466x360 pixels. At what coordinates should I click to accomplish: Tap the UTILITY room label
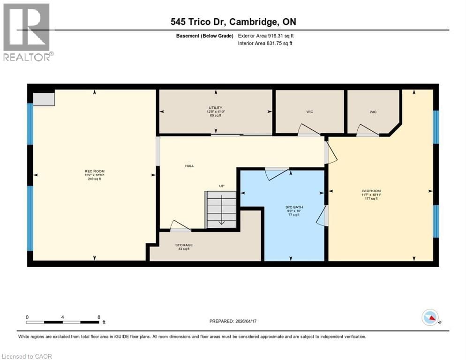216,108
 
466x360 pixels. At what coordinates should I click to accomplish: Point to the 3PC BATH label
293,207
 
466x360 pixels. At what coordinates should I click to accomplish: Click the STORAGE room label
184,245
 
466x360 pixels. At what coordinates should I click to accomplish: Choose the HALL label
189,166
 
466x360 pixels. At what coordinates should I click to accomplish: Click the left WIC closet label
309,112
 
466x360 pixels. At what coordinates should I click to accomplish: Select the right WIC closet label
373,112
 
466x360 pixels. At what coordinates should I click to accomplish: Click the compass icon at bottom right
430,317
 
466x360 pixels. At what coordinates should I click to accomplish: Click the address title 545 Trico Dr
233,22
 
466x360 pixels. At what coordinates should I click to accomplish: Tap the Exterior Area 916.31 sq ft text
266,36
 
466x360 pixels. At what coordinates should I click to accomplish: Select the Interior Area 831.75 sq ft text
265,44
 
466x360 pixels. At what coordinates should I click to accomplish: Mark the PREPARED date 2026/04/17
233,321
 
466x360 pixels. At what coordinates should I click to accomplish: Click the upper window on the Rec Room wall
30,124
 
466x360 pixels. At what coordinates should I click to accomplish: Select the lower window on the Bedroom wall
436,221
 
